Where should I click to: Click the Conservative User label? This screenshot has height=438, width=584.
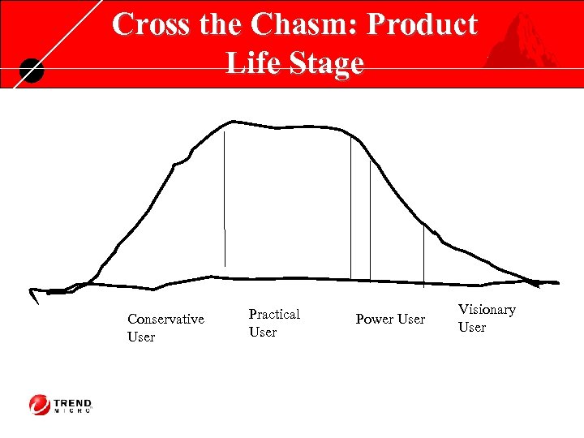[165, 328]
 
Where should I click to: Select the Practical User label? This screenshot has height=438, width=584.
[274, 323]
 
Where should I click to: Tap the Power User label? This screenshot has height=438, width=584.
[390, 320]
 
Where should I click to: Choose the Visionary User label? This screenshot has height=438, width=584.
[487, 318]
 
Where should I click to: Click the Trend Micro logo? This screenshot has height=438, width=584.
[61, 404]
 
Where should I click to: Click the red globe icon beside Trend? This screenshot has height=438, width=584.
[40, 404]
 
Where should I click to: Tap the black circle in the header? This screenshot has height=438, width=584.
[31, 71]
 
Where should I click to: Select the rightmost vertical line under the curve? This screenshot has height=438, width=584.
[423, 255]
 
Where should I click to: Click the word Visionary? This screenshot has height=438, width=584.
[487, 310]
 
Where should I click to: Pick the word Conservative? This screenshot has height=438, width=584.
[165, 320]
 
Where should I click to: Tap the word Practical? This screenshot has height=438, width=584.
[274, 314]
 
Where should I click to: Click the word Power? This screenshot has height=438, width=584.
[374, 320]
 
